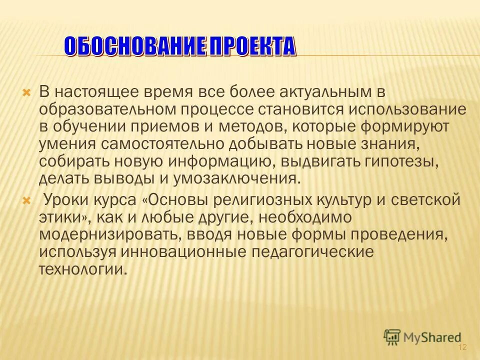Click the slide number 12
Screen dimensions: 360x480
click(x=461, y=347)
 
